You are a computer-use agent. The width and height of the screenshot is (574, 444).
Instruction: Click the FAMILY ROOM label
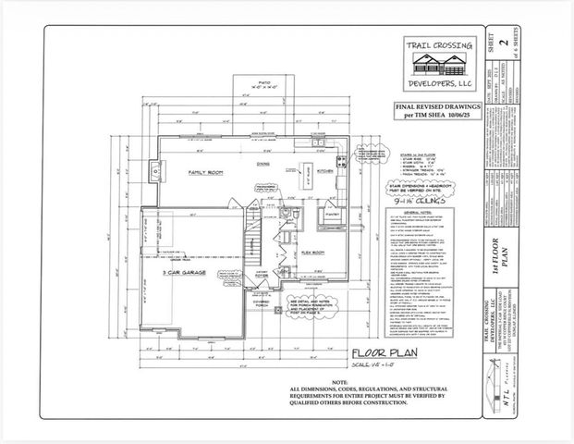pyautogui.click(x=209, y=173)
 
